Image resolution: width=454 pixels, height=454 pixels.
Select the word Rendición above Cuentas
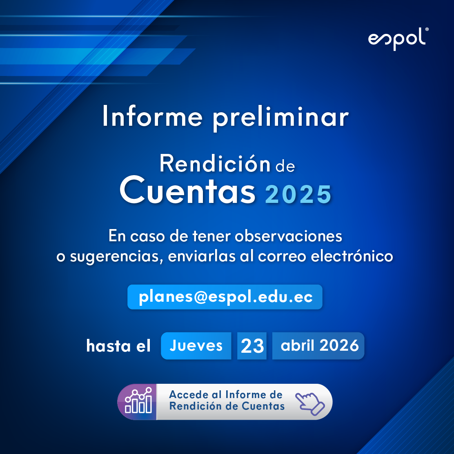(215, 164)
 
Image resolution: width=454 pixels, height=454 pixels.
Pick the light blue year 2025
(298, 194)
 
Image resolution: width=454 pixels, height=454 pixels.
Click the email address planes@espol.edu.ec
(225, 297)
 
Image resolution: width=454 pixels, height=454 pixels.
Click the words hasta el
(118, 346)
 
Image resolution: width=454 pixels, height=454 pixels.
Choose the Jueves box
(196, 346)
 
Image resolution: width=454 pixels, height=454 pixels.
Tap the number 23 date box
(252, 346)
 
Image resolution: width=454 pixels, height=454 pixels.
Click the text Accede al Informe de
(226, 395)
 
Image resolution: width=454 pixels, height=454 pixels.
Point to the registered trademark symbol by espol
(427, 30)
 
